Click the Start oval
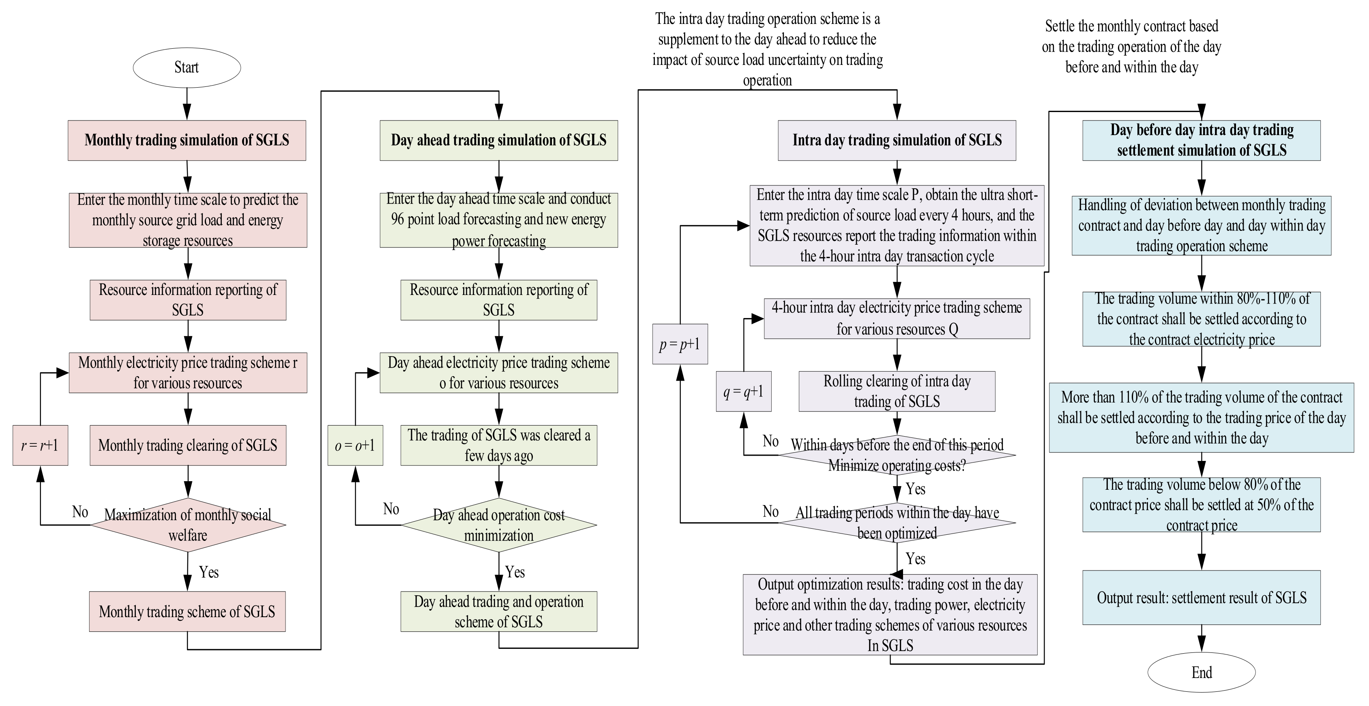(x=187, y=67)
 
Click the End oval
(x=1201, y=672)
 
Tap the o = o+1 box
(x=355, y=445)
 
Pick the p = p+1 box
(x=680, y=344)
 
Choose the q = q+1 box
(x=743, y=392)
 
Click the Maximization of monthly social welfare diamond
(x=188, y=525)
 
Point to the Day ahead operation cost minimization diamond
(x=498, y=525)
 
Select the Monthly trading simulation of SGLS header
(x=187, y=140)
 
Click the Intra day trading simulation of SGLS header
(x=897, y=140)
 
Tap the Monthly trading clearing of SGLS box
(x=188, y=445)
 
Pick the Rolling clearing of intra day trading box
(x=897, y=391)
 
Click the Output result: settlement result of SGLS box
(x=1201, y=598)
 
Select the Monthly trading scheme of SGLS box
(x=187, y=611)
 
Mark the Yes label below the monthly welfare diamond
(x=209, y=572)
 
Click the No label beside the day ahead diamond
(x=391, y=509)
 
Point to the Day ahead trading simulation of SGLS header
(x=498, y=140)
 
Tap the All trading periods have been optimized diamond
(x=897, y=523)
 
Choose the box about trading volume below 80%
(x=1201, y=504)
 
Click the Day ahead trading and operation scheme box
(x=498, y=611)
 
